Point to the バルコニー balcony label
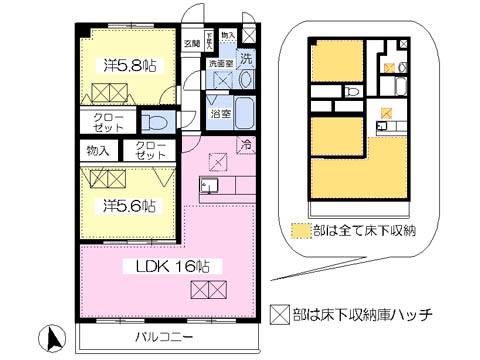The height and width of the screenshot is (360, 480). pyautogui.click(x=165, y=337)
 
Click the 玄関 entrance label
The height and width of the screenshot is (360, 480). pyautogui.click(x=192, y=44)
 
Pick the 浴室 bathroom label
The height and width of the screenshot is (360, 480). pyautogui.click(x=221, y=113)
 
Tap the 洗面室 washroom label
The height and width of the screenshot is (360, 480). pyautogui.click(x=221, y=63)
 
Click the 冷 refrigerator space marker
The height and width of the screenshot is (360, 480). pyautogui.click(x=246, y=145)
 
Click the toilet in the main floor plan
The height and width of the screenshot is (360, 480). pyautogui.click(x=155, y=122)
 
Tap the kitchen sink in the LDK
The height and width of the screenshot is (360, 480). pyautogui.click(x=209, y=186)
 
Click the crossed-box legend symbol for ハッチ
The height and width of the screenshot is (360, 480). pyautogui.click(x=279, y=314)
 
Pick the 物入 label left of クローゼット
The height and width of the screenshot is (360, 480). pyautogui.click(x=97, y=151)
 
